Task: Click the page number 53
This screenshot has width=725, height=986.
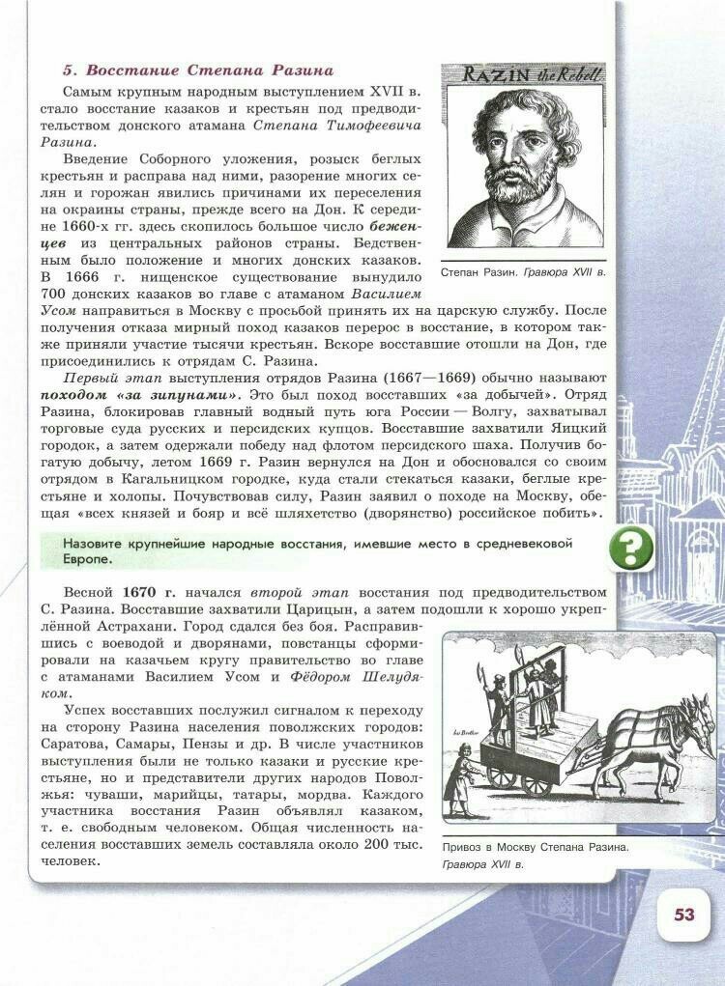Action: click(683, 915)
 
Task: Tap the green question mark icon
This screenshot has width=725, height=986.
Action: click(631, 549)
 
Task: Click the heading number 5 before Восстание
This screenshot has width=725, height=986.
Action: click(69, 70)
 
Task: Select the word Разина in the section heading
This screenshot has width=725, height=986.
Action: click(301, 70)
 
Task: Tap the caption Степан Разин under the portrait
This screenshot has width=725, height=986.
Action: click(479, 273)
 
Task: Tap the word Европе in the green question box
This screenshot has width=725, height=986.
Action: click(88, 559)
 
